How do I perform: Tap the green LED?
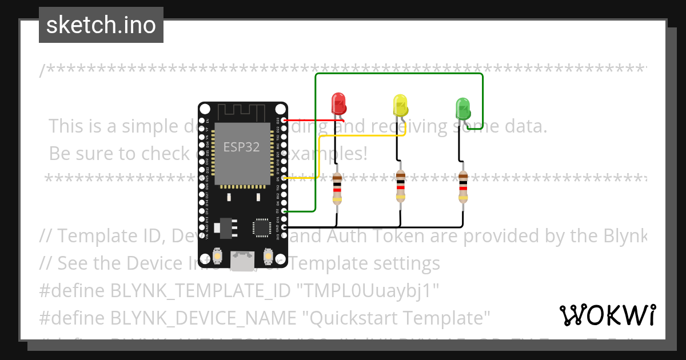pos(462,107)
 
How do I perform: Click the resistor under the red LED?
pos(337,189)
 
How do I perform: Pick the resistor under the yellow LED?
pos(400,186)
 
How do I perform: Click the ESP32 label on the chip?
pos(241,147)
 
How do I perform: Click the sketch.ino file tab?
pos(101,25)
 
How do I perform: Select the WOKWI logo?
pos(607,314)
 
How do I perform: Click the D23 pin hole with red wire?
pos(284,121)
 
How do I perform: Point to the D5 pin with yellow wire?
pos(284,178)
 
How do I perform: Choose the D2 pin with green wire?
pos(284,211)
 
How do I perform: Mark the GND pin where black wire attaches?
pos(284,227)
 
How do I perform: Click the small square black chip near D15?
pos(262,227)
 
